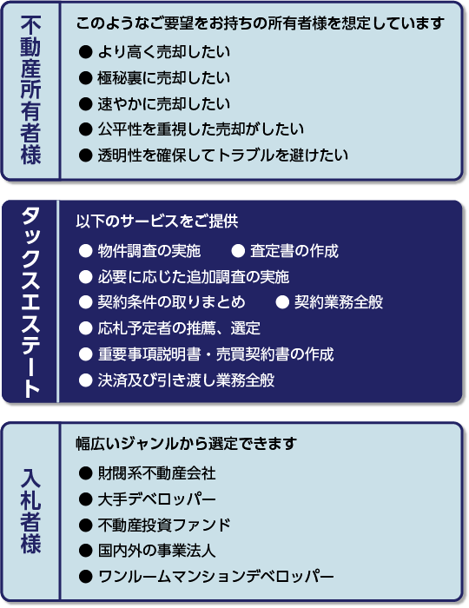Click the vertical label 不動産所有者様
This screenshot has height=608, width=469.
coord(30,90)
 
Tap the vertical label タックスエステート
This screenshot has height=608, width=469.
coord(30,302)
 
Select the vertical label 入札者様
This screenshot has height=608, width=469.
coord(30,511)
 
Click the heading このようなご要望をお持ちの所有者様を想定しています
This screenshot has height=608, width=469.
coord(260,23)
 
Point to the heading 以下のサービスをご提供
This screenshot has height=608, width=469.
coord(157,221)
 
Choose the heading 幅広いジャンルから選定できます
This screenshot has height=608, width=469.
coord(187,443)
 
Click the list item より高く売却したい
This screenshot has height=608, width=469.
coord(164,51)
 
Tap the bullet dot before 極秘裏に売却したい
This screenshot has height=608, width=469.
coord(85,78)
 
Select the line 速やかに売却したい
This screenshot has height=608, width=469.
coord(164,104)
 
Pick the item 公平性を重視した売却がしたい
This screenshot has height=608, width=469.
coord(201,129)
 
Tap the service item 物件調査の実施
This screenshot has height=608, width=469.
coord(149,251)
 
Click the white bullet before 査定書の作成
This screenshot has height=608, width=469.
coord(238,251)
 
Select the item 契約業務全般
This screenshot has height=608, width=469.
coord(339,302)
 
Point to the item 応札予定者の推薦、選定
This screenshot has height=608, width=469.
coord(179,328)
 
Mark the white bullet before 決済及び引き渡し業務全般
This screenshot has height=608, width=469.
coord(85,380)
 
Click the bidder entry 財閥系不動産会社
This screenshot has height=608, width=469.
coord(156,473)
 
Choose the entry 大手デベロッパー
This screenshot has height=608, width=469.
coord(156,499)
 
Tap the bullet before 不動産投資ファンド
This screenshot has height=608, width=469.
coord(85,525)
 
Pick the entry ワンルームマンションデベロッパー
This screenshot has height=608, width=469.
coord(215,577)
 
